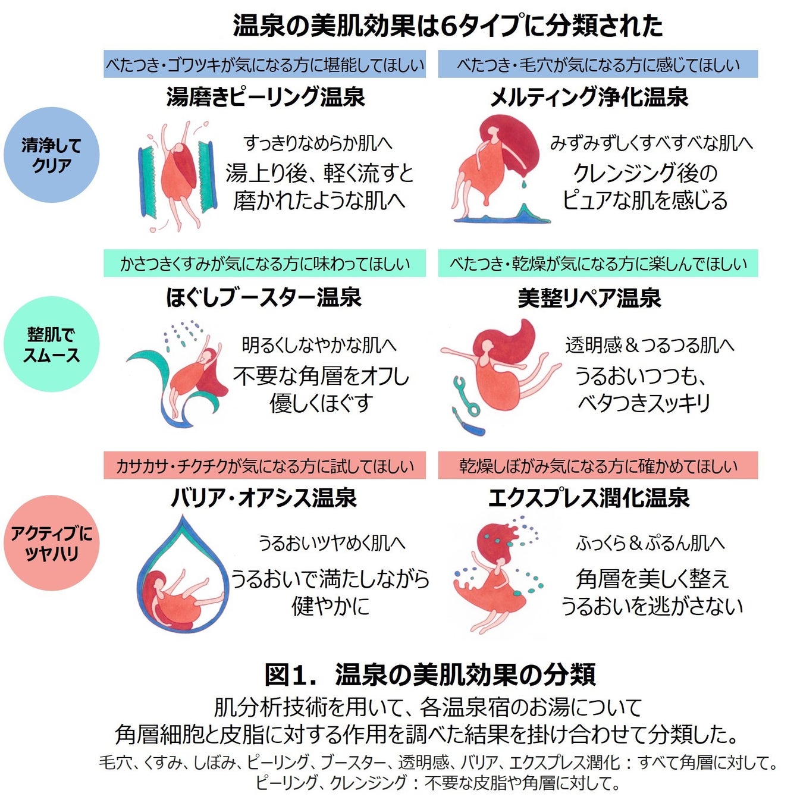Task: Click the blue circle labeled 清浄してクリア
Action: (51, 155)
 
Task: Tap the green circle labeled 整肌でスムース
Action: (51, 344)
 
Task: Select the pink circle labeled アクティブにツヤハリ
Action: (51, 543)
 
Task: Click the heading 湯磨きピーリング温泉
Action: (265, 97)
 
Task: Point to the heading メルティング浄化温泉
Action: (589, 97)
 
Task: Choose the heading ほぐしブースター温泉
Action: (263, 297)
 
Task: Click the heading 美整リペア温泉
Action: (589, 297)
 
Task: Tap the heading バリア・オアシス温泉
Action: (263, 497)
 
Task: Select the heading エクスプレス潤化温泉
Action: (589, 497)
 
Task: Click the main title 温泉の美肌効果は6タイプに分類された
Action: (447, 26)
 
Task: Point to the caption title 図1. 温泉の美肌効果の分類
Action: (429, 674)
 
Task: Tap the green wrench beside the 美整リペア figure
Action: (466, 396)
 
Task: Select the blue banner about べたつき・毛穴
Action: (598, 64)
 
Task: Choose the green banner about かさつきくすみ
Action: (265, 264)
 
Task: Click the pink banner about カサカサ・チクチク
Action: (265, 465)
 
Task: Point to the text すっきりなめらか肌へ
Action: (318, 143)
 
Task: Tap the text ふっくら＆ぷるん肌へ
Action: (650, 542)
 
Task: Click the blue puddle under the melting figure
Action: (506, 218)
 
